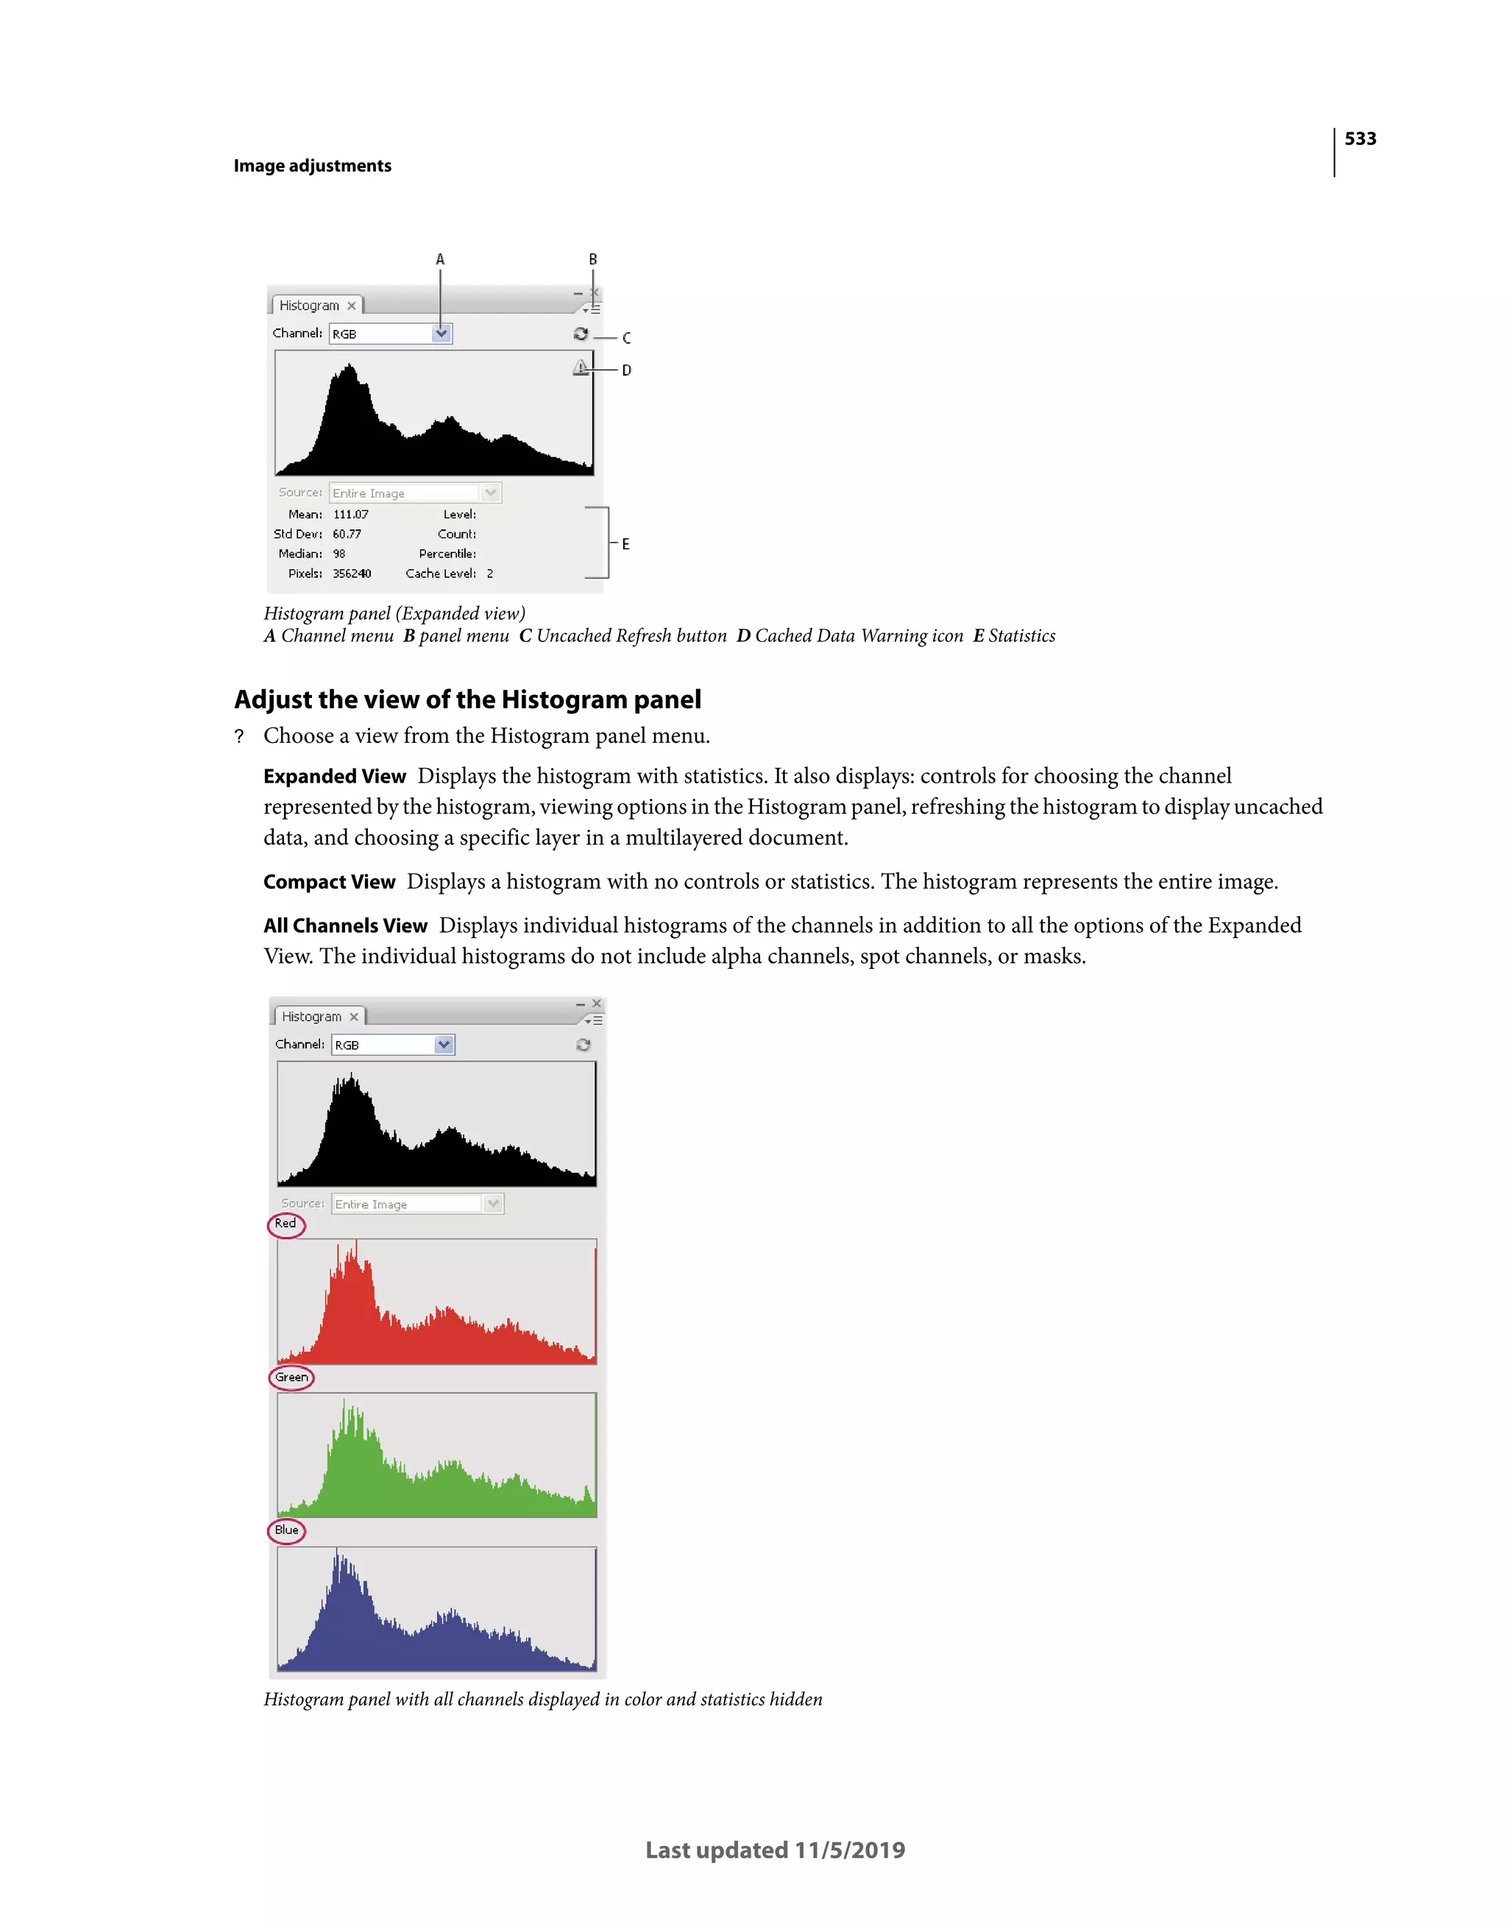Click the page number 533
[x=1360, y=138]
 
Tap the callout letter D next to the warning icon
[x=626, y=370]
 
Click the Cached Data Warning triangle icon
[x=580, y=367]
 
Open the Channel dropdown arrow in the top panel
[x=442, y=334]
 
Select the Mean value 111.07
[x=350, y=514]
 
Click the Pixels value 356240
[x=352, y=574]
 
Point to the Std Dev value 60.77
[x=347, y=534]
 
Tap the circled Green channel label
[x=291, y=1377]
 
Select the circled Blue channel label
[x=286, y=1530]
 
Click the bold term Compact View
[x=330, y=881]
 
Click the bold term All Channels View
[x=345, y=925]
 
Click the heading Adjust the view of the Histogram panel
[x=467, y=699]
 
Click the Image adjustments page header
[x=313, y=166]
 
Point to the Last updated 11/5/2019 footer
[x=775, y=1849]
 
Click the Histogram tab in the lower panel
[x=312, y=1017]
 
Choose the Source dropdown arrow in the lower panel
[x=492, y=1204]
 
